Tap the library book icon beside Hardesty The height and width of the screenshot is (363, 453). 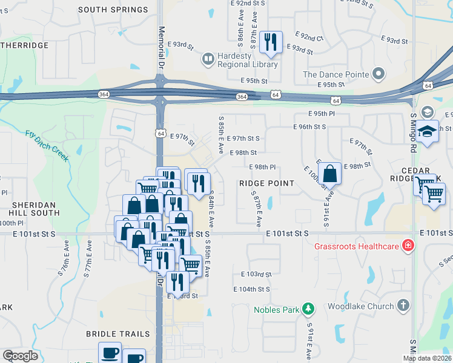click(x=208, y=59)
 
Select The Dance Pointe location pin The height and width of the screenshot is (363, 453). click(x=380, y=74)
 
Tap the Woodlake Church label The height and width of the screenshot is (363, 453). click(x=360, y=306)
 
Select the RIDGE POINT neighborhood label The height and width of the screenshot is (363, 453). click(x=266, y=183)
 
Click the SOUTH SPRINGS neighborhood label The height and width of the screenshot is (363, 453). click(x=113, y=10)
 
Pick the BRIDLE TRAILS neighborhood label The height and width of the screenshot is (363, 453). click(x=117, y=334)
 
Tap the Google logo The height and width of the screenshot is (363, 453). click(x=20, y=356)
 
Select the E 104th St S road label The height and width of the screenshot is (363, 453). click(x=252, y=289)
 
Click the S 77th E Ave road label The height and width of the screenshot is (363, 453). click(x=87, y=258)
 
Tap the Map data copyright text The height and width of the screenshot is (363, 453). click(x=427, y=358)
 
